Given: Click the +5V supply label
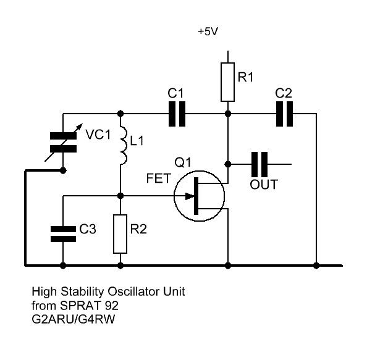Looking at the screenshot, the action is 208,31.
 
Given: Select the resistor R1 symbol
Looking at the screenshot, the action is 227,82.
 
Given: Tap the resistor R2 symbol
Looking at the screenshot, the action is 120,234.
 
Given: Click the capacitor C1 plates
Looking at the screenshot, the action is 177,114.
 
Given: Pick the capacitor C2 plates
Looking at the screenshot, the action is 284,114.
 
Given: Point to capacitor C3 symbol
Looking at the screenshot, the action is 63,234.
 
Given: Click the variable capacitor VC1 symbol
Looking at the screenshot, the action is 64,143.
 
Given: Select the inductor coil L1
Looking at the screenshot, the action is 123,145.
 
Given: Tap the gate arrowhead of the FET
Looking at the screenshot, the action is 190,196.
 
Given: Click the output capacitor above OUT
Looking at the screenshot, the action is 259,164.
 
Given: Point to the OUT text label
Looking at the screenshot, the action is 264,185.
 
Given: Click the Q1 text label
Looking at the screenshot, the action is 183,162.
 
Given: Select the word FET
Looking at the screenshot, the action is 158,178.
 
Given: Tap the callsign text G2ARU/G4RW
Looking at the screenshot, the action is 74,319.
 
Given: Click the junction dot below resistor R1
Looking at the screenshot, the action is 228,114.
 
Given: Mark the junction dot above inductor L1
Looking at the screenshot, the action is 120,114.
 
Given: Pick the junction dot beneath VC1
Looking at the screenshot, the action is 63,170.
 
